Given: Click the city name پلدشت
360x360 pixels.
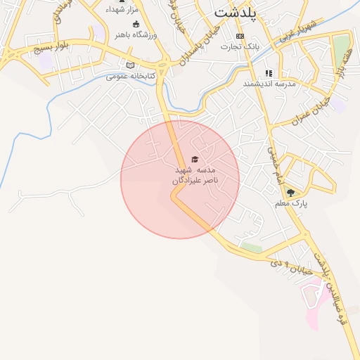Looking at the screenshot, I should pyautogui.click(x=235, y=12).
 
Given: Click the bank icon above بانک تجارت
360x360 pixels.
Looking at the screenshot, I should pyautogui.click(x=240, y=36).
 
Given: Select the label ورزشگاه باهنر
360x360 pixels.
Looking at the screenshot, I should pyautogui.click(x=146, y=34).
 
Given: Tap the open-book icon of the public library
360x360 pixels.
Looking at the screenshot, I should pyautogui.click(x=129, y=65).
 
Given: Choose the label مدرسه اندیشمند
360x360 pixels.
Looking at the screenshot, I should pyautogui.click(x=267, y=84).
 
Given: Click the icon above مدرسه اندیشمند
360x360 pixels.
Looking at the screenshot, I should pyautogui.click(x=268, y=73).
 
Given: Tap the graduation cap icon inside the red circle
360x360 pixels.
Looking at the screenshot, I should pyautogui.click(x=195, y=160).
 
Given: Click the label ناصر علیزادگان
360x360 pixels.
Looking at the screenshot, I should pyautogui.click(x=195, y=181).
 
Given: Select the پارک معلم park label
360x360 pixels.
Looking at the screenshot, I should pyautogui.click(x=292, y=203).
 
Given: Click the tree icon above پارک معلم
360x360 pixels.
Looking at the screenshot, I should pyautogui.click(x=291, y=193).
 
